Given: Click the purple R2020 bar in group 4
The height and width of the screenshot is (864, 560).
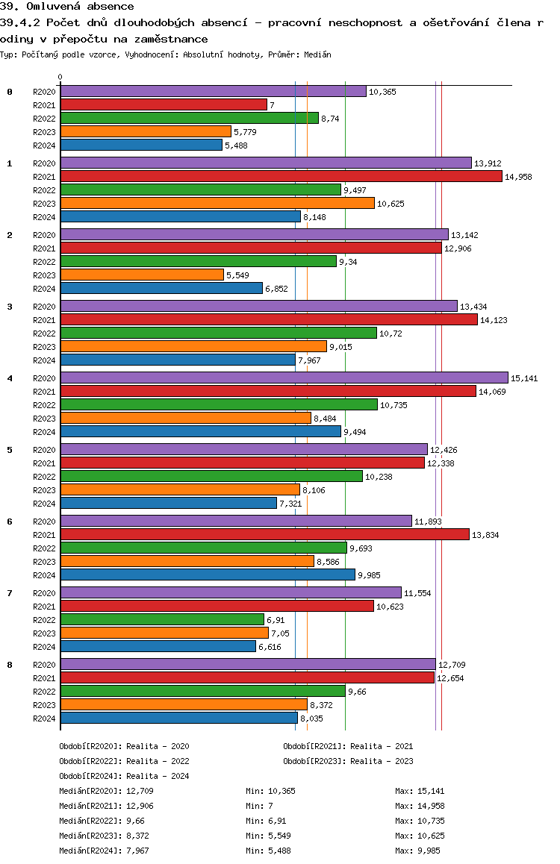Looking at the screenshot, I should coord(284,378).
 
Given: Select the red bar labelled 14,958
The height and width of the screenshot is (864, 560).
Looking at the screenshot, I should coord(281,176).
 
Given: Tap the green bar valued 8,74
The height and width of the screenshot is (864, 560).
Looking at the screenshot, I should coord(189,118).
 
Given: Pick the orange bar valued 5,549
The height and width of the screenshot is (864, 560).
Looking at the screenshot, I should coord(142,275).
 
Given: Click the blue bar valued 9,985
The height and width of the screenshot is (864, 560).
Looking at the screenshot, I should coord(208,575).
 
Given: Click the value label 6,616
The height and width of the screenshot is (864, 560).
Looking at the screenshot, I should coord(271,647).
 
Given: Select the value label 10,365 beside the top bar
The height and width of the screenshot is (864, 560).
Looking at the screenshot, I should coord(382,92).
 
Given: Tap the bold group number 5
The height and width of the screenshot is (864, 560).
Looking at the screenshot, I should coord(10,450).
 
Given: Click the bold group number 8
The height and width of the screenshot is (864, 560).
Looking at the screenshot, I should coord(10,665).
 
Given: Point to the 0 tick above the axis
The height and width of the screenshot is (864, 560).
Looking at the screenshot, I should coord(60,77).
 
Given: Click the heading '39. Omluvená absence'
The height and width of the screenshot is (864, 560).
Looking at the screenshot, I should coord(67,7).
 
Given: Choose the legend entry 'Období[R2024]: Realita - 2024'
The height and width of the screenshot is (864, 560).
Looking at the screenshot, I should coord(124,776).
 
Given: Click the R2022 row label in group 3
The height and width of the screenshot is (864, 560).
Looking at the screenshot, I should coord(45,334).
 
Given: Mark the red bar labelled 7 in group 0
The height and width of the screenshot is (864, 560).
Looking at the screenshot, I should coord(164,104).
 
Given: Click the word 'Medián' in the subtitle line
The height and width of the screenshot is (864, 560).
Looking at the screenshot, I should coord(318,54).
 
